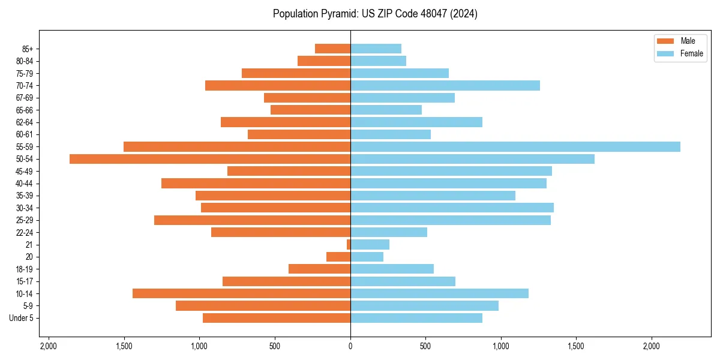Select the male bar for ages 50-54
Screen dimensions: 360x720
click(x=210, y=159)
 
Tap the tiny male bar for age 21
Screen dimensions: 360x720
click(x=349, y=244)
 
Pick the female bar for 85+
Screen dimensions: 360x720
click(x=376, y=49)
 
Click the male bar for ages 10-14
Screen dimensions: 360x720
click(x=241, y=293)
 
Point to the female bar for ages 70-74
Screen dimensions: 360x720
click(x=445, y=85)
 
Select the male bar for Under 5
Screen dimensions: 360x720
click(x=277, y=318)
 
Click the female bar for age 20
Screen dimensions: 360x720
click(x=367, y=257)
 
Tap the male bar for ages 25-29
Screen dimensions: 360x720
click(x=252, y=220)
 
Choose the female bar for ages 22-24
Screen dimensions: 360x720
click(x=388, y=232)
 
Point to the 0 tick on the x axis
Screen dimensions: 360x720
click(x=350, y=346)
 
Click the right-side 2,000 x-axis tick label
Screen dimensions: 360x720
click(x=651, y=346)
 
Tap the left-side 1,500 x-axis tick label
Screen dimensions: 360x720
click(x=124, y=346)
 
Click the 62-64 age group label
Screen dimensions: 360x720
click(x=25, y=122)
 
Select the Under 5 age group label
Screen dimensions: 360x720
click(x=22, y=318)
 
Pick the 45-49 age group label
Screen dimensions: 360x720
click(x=25, y=171)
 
